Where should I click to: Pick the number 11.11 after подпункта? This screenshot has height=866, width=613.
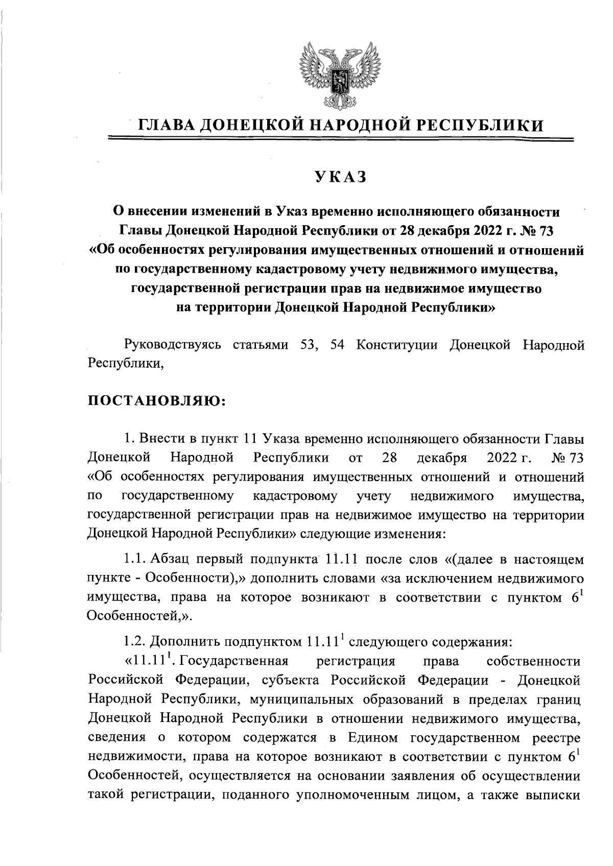[x=340, y=560]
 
